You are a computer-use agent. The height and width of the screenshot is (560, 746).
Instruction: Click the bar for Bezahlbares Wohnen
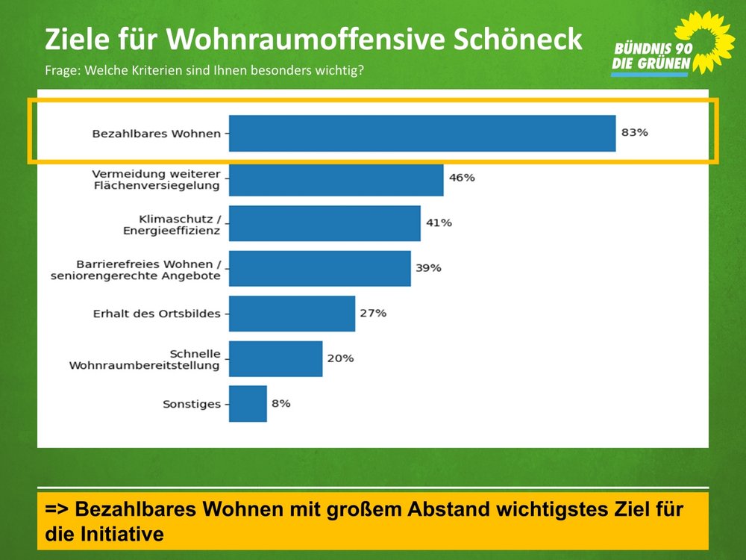pyautogui.click(x=421, y=133)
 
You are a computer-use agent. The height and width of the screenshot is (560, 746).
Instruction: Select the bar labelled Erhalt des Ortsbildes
pyautogui.click(x=292, y=314)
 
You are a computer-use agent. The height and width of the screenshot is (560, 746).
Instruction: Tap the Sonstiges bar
pyautogui.click(x=248, y=404)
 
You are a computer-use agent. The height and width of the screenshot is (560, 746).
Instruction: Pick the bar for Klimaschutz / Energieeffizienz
pyautogui.click(x=325, y=223)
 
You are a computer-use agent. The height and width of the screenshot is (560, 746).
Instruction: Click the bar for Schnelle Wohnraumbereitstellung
pyautogui.click(x=275, y=358)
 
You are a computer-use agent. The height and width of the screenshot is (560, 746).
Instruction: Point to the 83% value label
pyautogui.click(x=635, y=133)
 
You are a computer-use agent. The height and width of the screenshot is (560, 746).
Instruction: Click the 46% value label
pyautogui.click(x=462, y=178)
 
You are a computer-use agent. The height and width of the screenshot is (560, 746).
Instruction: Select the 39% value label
pyautogui.click(x=428, y=268)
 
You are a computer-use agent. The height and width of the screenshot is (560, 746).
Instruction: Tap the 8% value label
pyautogui.click(x=280, y=403)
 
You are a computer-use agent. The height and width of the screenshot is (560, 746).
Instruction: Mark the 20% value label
pyautogui.click(x=339, y=358)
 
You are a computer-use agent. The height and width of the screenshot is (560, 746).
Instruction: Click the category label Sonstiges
pyautogui.click(x=192, y=404)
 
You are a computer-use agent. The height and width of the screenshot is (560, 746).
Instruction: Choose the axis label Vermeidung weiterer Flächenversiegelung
pyautogui.click(x=156, y=179)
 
